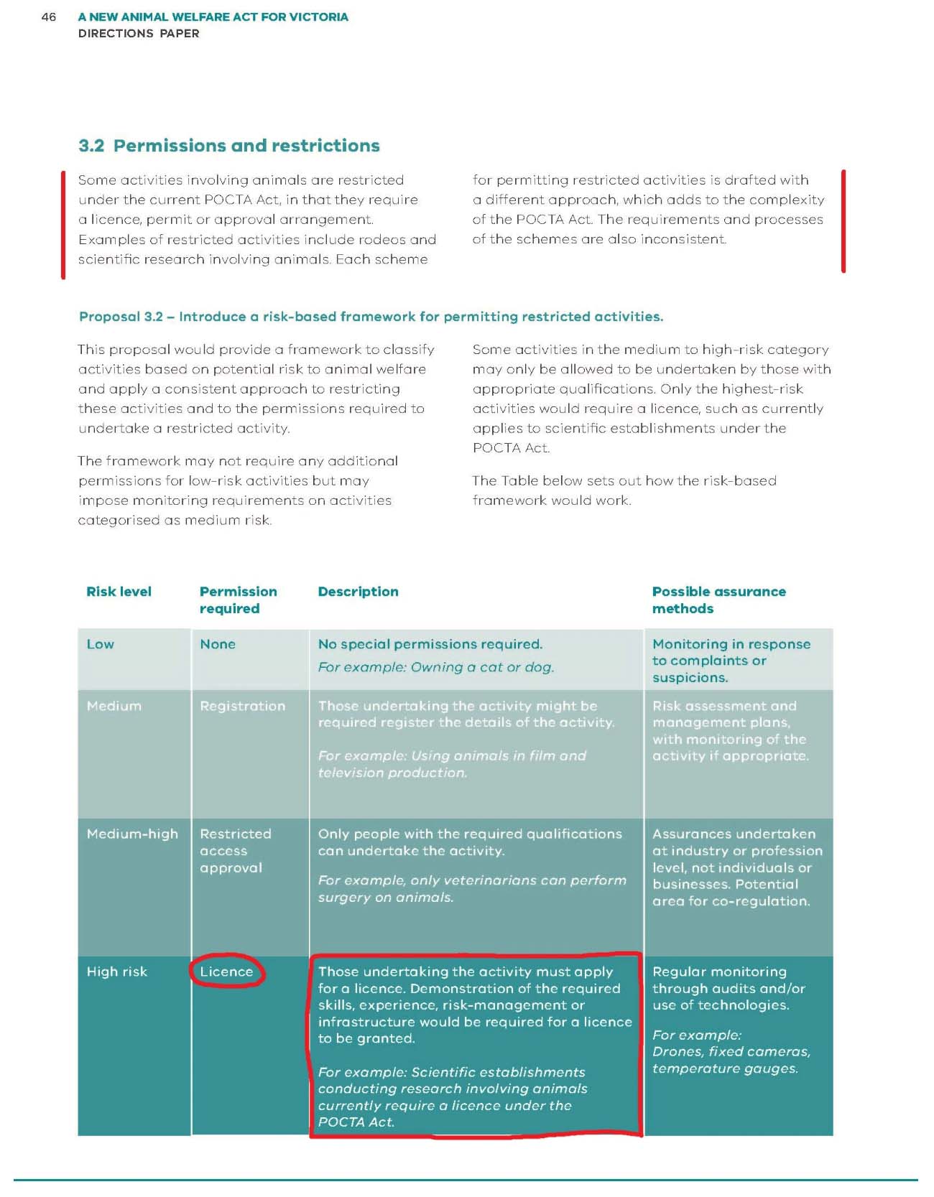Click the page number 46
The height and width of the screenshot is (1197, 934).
(x=49, y=17)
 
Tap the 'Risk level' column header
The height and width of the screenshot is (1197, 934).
(x=119, y=592)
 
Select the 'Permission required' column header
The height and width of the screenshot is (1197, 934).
(x=238, y=600)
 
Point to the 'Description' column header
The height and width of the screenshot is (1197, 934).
(x=358, y=592)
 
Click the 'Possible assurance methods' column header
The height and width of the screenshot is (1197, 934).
(x=718, y=600)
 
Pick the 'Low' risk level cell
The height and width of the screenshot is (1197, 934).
(x=101, y=644)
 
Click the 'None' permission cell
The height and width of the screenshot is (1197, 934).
(x=218, y=644)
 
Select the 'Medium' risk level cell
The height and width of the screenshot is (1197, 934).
(x=114, y=706)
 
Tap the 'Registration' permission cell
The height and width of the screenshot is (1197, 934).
(x=242, y=706)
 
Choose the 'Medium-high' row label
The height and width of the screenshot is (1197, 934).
(x=132, y=834)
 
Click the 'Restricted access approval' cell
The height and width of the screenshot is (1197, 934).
(x=235, y=851)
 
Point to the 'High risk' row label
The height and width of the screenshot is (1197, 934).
(x=116, y=972)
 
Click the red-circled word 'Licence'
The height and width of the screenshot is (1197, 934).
(x=226, y=972)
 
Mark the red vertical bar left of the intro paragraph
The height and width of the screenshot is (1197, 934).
(x=63, y=224)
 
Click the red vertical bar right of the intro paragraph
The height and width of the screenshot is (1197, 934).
(x=843, y=221)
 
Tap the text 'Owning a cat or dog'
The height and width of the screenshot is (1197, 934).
(x=482, y=667)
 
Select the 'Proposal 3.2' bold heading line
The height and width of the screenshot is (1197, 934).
(x=371, y=317)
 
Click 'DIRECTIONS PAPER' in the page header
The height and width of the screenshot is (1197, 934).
(x=139, y=34)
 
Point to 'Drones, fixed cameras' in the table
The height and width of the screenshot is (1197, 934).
(x=731, y=1052)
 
